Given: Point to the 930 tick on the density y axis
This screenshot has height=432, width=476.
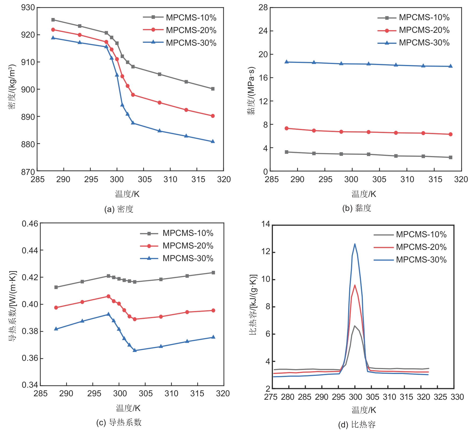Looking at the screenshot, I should point(28,8).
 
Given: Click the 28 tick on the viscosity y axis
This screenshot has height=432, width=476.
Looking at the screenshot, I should point(263,8).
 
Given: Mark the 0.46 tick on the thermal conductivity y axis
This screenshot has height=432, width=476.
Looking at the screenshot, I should point(30,224).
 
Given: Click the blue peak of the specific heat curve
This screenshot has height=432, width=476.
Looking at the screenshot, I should point(355,244).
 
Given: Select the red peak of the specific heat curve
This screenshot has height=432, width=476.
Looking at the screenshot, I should point(355,285).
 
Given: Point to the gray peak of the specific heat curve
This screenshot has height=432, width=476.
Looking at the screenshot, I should point(355,326).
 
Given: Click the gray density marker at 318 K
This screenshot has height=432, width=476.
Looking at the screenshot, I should point(213,89).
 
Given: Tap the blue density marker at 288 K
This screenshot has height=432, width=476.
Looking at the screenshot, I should point(53,38).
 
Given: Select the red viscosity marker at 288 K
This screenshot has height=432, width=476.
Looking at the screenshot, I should point(287,128).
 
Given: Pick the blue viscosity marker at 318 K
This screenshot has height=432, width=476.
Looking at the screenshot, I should point(450,66).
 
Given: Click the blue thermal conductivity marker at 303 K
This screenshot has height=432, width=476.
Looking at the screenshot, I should point(135,350).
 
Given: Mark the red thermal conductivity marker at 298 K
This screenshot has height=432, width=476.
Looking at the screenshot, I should point(109,296).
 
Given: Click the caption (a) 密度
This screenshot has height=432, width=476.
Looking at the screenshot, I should point(119,209).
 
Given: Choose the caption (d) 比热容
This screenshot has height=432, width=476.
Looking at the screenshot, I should point(357,425).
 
